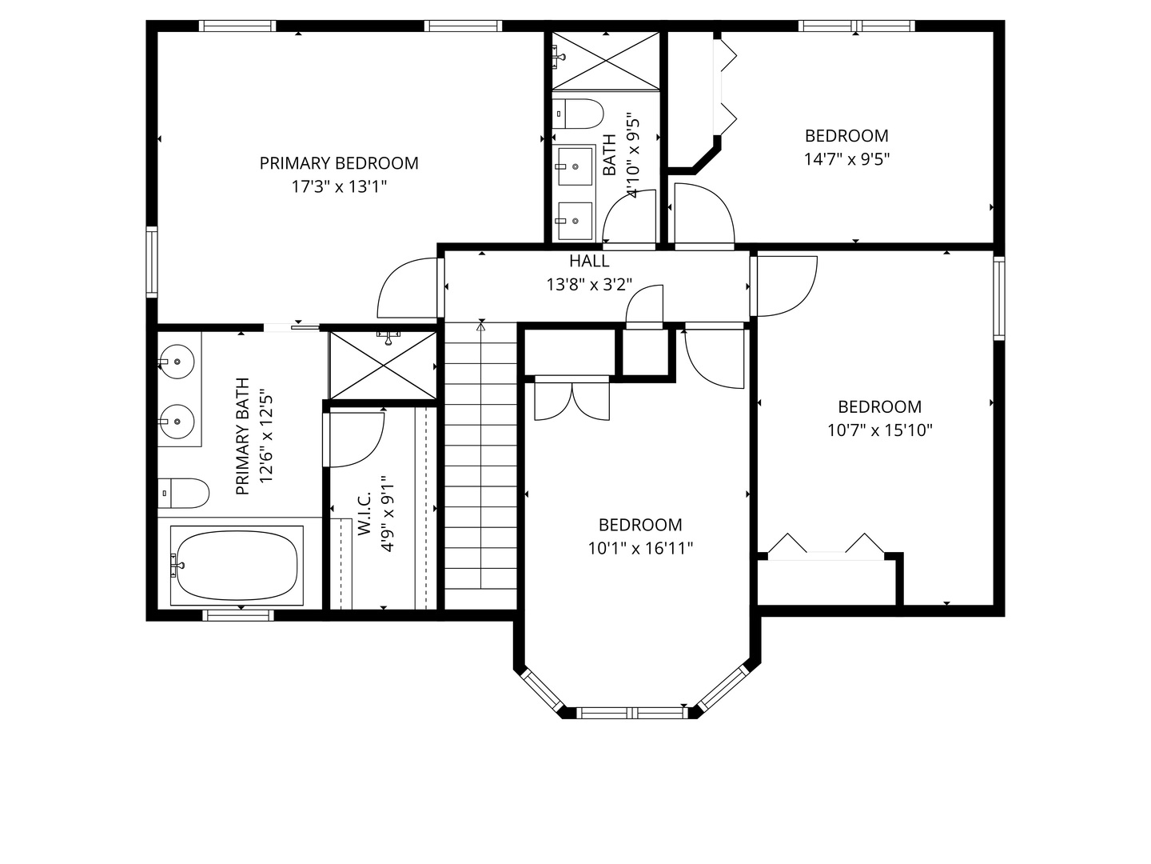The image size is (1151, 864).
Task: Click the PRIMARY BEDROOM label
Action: click(339, 163)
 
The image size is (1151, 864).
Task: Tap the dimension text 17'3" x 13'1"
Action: click(339, 187)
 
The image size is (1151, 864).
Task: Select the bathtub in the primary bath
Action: click(237, 565)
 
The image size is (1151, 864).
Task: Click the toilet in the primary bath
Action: click(183, 494)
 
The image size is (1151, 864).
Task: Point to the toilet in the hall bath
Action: click(577, 114)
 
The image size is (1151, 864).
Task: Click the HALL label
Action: click(589, 261)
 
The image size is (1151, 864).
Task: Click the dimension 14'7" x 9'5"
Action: click(846, 159)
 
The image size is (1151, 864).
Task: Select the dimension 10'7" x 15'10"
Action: click(879, 430)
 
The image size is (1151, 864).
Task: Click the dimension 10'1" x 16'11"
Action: click(640, 549)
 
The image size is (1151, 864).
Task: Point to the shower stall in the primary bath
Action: click(383, 365)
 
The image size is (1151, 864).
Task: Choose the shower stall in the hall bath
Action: click(604, 61)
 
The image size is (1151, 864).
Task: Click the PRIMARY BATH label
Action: click(243, 437)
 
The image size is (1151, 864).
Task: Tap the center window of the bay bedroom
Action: click(631, 712)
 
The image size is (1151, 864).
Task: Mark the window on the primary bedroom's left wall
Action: click(151, 262)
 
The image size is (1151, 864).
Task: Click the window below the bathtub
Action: click(237, 614)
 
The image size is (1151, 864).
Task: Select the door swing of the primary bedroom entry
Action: click(408, 288)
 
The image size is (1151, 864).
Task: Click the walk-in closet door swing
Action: click(356, 440)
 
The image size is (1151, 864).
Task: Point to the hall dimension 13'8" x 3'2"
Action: click(589, 284)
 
